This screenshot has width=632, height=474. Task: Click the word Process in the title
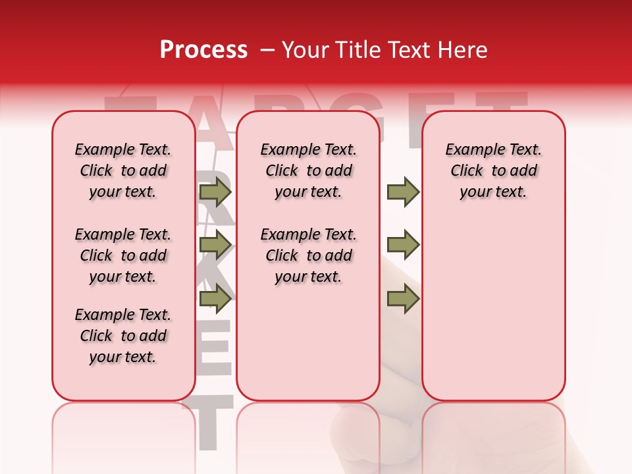click(203, 50)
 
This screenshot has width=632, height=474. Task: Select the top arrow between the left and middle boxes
click(215, 192)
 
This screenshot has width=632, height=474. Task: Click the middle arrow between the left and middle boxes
click(215, 246)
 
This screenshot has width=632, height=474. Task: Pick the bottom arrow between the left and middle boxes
click(215, 300)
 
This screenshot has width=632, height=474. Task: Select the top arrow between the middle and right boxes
click(403, 192)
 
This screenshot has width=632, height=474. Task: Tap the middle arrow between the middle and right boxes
click(403, 246)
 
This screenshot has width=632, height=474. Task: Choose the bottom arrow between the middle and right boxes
click(403, 300)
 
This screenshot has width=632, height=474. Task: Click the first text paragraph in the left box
click(123, 171)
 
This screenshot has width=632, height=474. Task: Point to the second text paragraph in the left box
click(123, 255)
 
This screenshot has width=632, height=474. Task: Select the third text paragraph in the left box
click(123, 336)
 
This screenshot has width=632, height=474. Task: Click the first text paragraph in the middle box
click(308, 171)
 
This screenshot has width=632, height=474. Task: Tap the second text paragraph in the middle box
click(308, 255)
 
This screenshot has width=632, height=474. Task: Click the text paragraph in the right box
click(493, 171)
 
